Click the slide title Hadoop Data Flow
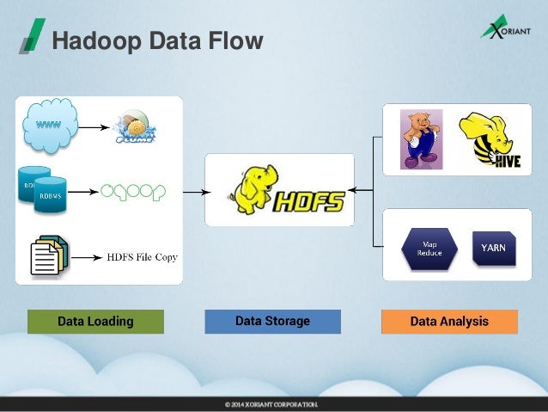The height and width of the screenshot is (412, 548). click(x=155, y=40)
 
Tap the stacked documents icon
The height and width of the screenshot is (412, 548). click(x=48, y=255)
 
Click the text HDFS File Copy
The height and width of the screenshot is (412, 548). click(x=142, y=256)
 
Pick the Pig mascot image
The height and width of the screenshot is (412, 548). click(x=420, y=138)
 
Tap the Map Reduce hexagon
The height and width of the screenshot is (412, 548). click(x=429, y=248)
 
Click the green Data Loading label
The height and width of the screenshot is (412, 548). click(x=95, y=322)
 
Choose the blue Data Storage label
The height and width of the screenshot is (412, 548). click(x=272, y=322)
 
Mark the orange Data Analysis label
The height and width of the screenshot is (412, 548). click(x=449, y=322)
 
